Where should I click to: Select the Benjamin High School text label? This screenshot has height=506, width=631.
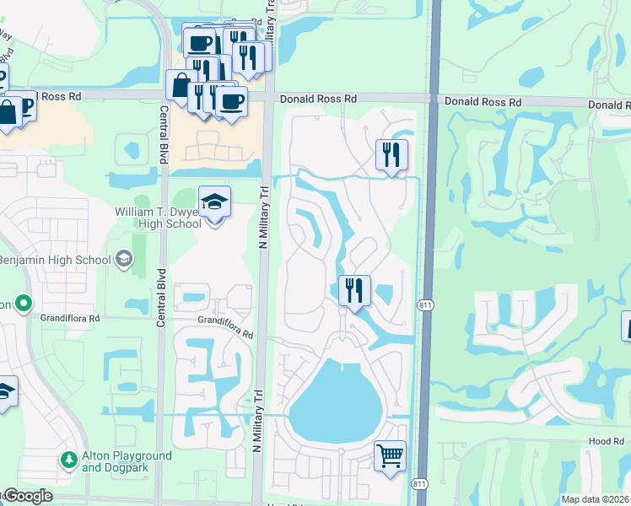[x=55, y=259]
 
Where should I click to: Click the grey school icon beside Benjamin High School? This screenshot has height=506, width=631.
[x=124, y=258]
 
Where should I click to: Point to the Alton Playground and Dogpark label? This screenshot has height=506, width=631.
[x=127, y=461]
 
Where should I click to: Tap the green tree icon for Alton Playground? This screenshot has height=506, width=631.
[x=68, y=460]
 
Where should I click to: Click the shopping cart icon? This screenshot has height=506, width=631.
[x=390, y=455]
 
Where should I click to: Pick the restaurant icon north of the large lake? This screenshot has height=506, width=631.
[x=355, y=291]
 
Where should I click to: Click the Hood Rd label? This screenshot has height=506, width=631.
[x=607, y=440]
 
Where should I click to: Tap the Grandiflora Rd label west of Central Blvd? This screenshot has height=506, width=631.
[x=71, y=319]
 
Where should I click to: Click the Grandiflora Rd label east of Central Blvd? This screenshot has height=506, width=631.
[x=226, y=327]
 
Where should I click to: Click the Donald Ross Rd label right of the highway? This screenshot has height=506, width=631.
[x=483, y=101]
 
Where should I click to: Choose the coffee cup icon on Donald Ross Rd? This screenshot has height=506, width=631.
[x=230, y=101]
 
